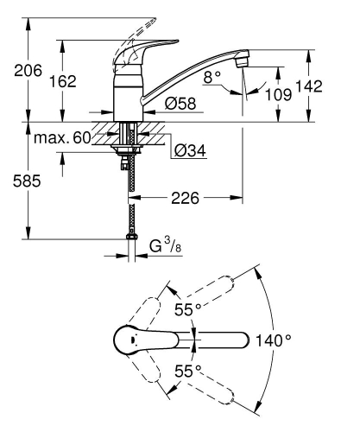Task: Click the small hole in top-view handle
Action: [x=132, y=340]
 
